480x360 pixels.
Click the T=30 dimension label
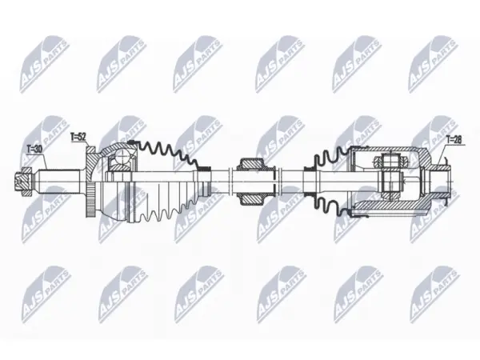(x=34, y=150)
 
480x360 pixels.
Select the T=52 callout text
(x=78, y=137)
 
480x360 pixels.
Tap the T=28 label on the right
(x=454, y=139)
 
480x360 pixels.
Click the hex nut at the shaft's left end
(x=23, y=182)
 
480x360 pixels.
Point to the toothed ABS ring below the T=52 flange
(x=90, y=199)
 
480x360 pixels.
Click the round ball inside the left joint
(x=122, y=158)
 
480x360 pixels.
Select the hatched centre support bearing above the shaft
(x=253, y=164)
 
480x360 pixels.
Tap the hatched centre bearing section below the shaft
(x=253, y=199)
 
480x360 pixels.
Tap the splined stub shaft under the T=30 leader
(x=58, y=182)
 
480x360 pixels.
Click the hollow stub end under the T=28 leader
(x=441, y=182)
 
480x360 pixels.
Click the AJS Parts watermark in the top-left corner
(x=44, y=64)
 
